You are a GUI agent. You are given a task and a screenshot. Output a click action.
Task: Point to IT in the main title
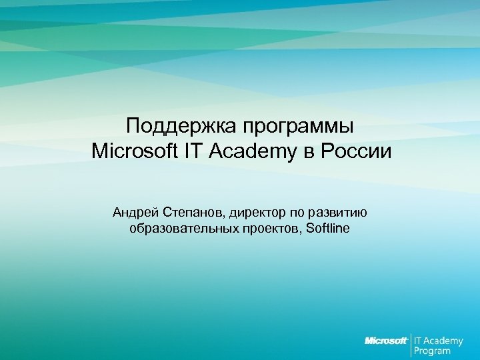(x=193, y=151)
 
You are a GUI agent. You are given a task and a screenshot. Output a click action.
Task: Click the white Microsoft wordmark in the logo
(x=386, y=341)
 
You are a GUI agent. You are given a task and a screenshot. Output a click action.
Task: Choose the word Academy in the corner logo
(x=444, y=340)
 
